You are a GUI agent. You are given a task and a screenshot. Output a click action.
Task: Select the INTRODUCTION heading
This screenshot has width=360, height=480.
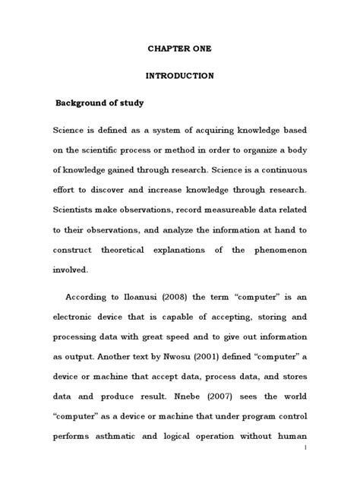(x=179, y=76)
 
